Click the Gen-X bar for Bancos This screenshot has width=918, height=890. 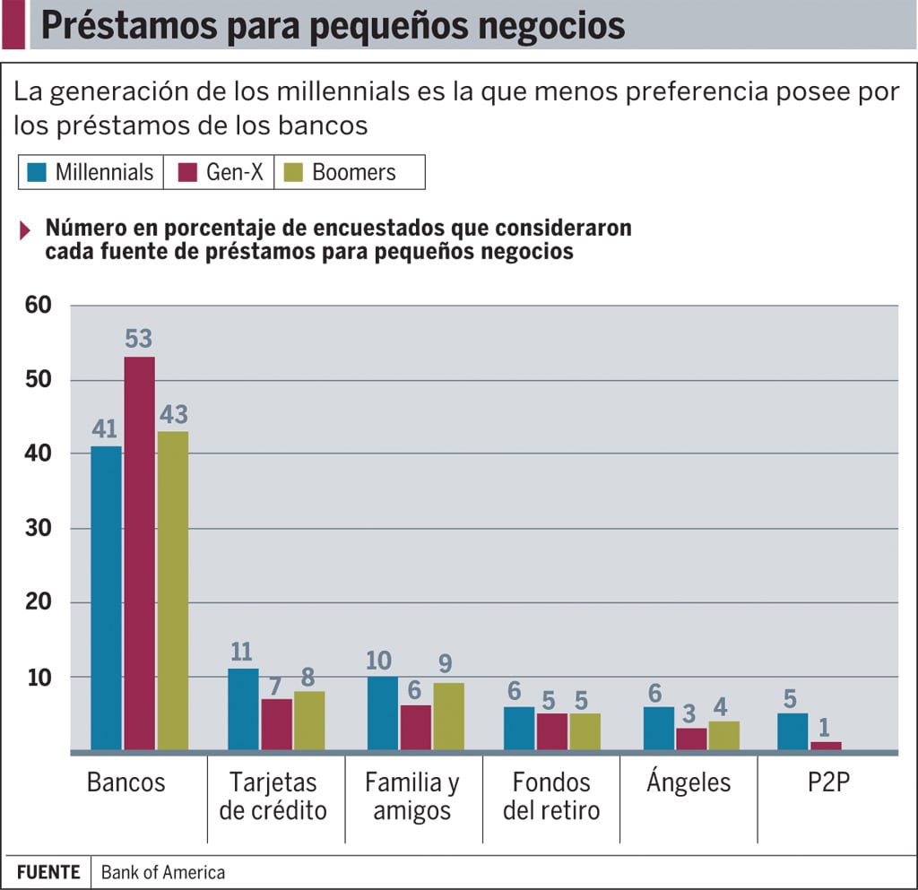coord(139,553)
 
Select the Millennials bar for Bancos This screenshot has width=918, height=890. coord(106,598)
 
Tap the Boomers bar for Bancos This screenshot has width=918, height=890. coord(173,591)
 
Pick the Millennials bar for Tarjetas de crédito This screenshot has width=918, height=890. coord(243,709)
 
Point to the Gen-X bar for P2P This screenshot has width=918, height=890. coord(827,746)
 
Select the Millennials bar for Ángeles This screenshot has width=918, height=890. coord(659,729)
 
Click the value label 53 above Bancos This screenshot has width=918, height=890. coord(139,341)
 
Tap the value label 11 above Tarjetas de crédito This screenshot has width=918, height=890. coord(242,652)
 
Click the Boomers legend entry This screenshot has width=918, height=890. coord(339,172)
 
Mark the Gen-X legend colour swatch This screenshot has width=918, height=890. coord(187,172)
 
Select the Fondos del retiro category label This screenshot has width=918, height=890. coord(550,796)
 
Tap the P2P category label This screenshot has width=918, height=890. coord(827,782)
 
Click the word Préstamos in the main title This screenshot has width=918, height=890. coord(109,25)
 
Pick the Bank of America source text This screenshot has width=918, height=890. coord(162,872)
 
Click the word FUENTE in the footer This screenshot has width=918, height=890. coord(48,872)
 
